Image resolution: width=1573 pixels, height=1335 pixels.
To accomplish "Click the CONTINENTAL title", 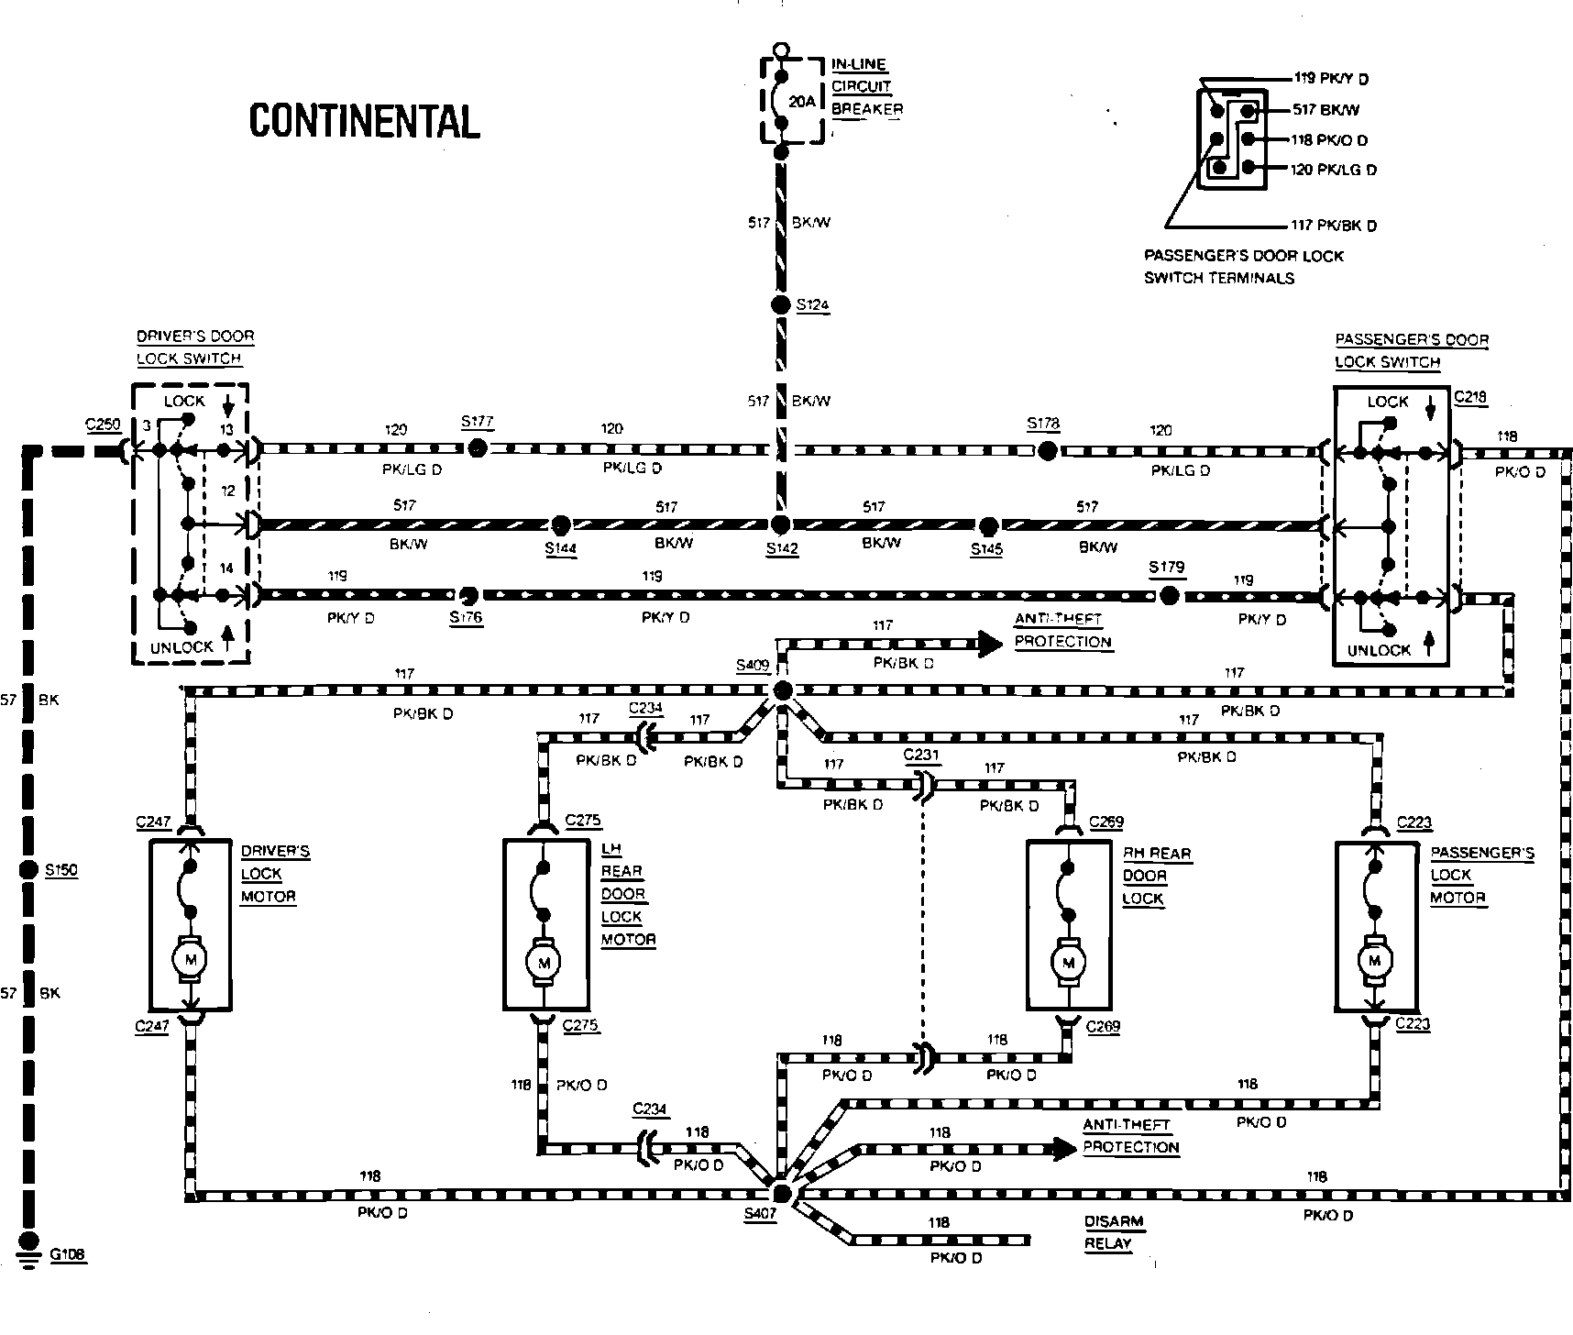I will pyautogui.click(x=365, y=121).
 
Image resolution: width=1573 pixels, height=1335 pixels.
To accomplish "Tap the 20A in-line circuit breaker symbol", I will pyautogui.click(x=782, y=101).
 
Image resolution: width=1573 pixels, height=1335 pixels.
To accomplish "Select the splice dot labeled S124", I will pyautogui.click(x=780, y=305).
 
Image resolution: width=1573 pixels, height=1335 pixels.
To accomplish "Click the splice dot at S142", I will pyautogui.click(x=780, y=524).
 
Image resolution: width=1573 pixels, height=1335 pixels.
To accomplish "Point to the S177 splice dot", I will pyautogui.click(x=477, y=448).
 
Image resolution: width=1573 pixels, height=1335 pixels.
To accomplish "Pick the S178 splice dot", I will pyautogui.click(x=1047, y=450).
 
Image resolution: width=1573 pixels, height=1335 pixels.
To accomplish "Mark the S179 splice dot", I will pyautogui.click(x=1168, y=596).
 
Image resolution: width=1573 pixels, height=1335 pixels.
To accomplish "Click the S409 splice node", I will pyautogui.click(x=782, y=690).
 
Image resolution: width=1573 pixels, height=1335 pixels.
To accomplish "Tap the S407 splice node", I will pyautogui.click(x=781, y=1193).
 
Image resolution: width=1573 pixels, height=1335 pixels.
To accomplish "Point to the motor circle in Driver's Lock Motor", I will pyautogui.click(x=191, y=960).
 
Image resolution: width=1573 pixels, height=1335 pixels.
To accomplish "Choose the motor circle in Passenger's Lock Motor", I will pyautogui.click(x=1373, y=961).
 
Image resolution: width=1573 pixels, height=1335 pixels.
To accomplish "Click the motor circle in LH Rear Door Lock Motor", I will pyautogui.click(x=544, y=963).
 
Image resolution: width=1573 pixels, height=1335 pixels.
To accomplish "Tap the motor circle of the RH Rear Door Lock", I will pyautogui.click(x=1067, y=963).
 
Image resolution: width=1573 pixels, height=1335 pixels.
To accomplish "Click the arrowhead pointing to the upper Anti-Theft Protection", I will pyautogui.click(x=990, y=644).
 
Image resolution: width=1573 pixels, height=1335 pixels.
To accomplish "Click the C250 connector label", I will pyautogui.click(x=103, y=425).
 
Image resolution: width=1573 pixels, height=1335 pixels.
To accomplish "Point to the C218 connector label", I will pyautogui.click(x=1470, y=398).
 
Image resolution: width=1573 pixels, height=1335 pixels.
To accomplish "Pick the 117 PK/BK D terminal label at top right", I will pyautogui.click(x=1334, y=226).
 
